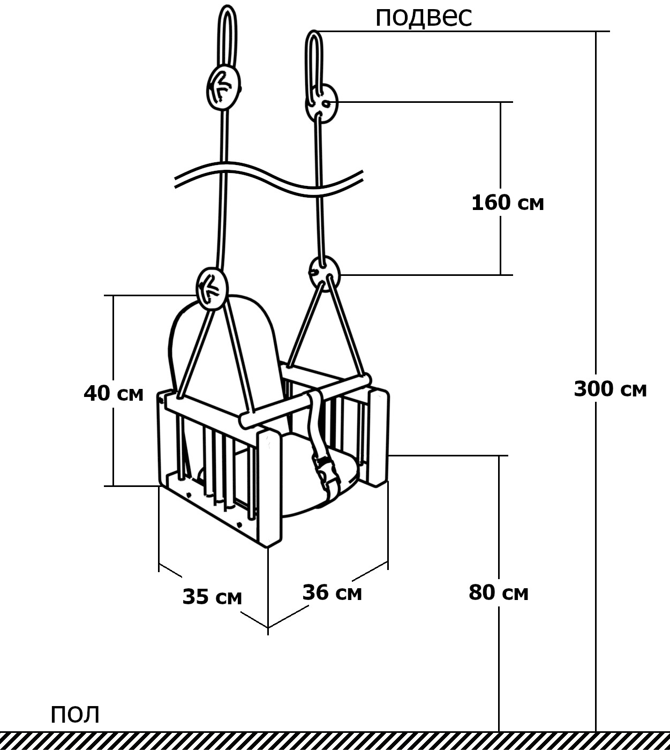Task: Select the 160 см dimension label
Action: coord(508,203)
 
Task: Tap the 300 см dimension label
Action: coord(611,389)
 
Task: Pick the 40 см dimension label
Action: coord(114,393)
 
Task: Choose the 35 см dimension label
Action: coord(212,597)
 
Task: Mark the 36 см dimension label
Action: coord(332,592)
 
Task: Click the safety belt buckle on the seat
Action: coord(325,474)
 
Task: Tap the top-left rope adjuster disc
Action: coord(223,87)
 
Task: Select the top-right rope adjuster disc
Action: coord(322,103)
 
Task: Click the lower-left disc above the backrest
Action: coord(212,288)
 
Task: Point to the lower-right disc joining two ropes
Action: coord(324,274)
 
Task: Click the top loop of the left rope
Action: coord(227,36)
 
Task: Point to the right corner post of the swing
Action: coord(378,437)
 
